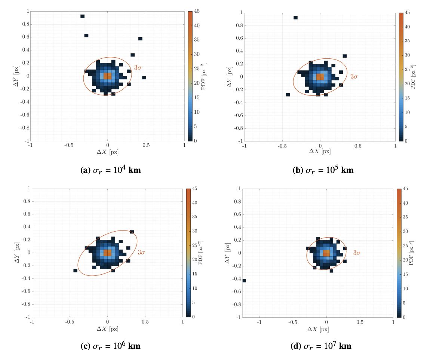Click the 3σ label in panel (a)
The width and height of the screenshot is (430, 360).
coord(138,68)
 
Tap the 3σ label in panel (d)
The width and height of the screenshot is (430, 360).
coord(357,253)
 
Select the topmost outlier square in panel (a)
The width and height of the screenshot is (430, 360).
coord(82,16)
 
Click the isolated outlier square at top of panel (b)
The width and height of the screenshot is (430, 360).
coord(295,18)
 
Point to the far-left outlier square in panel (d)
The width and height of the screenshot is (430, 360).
coord(244,280)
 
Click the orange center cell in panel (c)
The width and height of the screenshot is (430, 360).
coord(107,253)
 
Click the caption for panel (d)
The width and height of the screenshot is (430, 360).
coord(320,346)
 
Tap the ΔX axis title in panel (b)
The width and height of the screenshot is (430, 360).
coord(320,151)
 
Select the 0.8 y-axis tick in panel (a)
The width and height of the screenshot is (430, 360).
coord(25,24)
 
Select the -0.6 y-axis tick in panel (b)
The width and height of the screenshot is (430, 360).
coord(237,115)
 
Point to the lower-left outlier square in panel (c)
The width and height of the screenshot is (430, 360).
coord(75,270)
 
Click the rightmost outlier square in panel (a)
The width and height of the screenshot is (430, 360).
coord(144,77)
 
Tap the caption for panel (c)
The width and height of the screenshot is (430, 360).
coord(111,346)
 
